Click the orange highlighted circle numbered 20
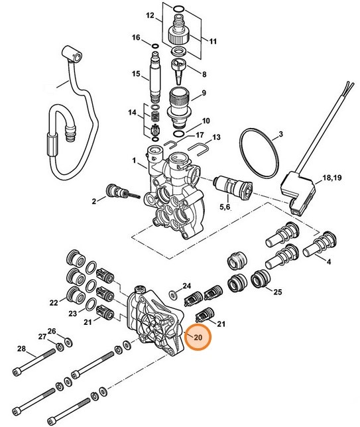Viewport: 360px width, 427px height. pos(198,338)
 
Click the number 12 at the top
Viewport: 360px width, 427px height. pos(150,15)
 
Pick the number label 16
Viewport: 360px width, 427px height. pos(136,38)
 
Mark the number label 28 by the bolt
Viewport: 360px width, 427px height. pos(21,349)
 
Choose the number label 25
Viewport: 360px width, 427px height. pos(278,292)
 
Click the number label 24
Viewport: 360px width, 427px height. pos(168,285)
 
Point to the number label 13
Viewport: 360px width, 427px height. pos(215,137)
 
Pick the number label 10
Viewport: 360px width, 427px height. pos(206,121)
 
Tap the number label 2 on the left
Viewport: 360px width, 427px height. pos(95,200)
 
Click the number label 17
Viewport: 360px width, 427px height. pos(199,135)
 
